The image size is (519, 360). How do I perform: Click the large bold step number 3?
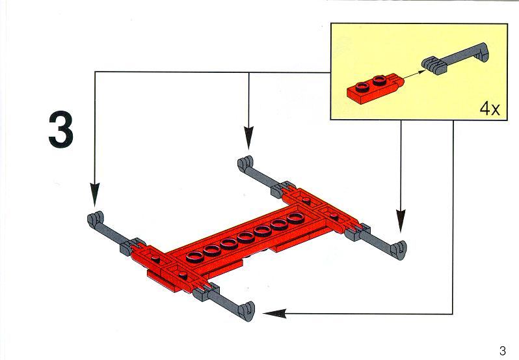61,130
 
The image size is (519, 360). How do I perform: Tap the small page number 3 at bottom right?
503,350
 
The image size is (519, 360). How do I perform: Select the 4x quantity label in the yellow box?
490,109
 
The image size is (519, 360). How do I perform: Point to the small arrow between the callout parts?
414,74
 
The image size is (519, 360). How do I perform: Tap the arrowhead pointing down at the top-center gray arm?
248,138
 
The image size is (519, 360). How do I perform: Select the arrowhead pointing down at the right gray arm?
401,221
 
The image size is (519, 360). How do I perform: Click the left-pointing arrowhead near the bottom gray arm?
274,313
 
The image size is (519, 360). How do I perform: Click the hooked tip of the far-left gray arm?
96,219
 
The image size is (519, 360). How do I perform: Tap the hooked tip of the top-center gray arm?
245,163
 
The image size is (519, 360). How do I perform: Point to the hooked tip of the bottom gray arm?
246,311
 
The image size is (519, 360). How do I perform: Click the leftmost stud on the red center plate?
195,256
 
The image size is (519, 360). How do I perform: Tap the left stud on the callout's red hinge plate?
363,87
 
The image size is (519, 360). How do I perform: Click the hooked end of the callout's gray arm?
481,52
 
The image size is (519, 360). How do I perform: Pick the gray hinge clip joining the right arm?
357,232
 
